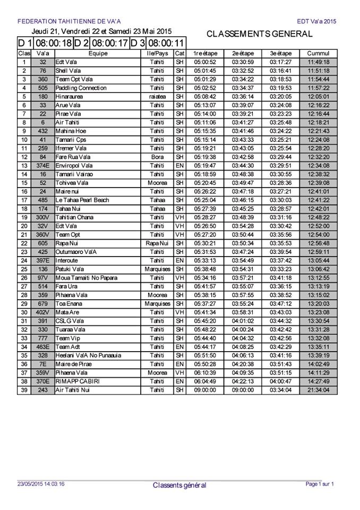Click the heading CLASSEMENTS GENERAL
pyautogui.click(x=259, y=34)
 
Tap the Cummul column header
pyautogui.click(x=319, y=54)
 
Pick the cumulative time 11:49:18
pyautogui.click(x=319, y=62)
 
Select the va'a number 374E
pyautogui.click(x=42, y=166)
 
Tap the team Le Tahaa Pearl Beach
pyautogui.click(x=82, y=200)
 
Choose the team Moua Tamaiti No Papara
pyautogui.click(x=87, y=278)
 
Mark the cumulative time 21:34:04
pyautogui.click(x=319, y=390)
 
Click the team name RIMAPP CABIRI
pyautogui.click(x=78, y=381)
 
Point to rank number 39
pyautogui.click(x=24, y=390)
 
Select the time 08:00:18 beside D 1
pyautogui.click(x=53, y=43)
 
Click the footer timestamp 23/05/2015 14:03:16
pyautogui.click(x=41, y=484)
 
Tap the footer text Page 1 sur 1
pyautogui.click(x=320, y=484)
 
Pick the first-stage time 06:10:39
pyautogui.click(x=204, y=373)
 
